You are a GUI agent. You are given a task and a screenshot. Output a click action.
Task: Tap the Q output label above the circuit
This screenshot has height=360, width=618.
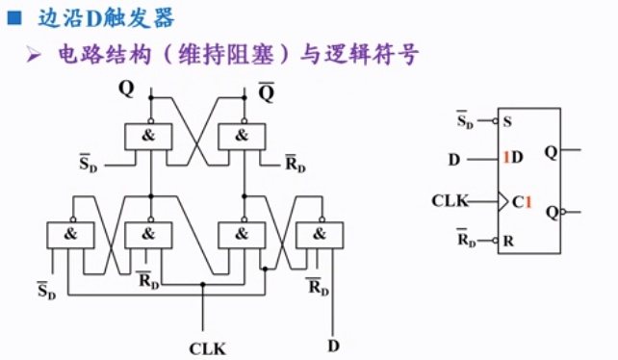(127, 89)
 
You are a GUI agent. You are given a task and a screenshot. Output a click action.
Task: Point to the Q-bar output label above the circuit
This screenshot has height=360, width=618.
(266, 92)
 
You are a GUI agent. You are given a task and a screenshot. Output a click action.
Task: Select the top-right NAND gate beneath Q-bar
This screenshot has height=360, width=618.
(244, 136)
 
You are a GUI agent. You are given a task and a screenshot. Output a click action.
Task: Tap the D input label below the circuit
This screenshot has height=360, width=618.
(333, 343)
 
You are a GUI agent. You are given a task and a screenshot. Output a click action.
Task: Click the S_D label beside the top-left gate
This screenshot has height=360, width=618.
(89, 165)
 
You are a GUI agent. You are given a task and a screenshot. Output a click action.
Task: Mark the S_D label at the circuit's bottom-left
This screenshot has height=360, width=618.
(46, 290)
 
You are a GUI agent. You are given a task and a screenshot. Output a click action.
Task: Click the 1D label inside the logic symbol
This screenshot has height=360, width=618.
(512, 157)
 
